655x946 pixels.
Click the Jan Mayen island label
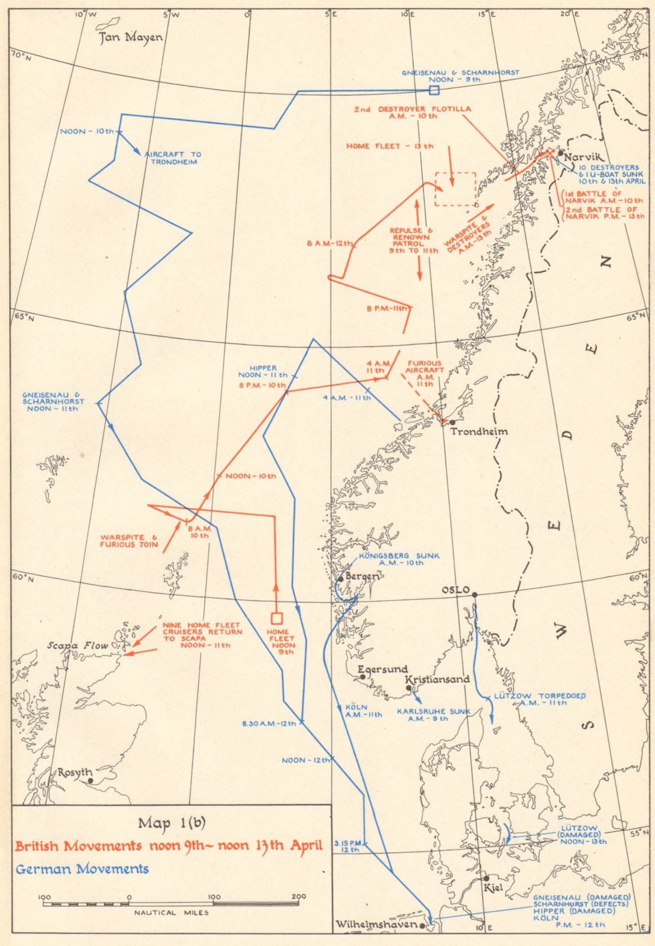[x=130, y=38]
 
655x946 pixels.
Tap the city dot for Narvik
[x=560, y=153]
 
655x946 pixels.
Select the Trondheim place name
[x=479, y=432]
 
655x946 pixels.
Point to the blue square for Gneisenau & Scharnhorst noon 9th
[x=434, y=90]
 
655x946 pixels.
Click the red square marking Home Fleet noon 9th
[x=276, y=618]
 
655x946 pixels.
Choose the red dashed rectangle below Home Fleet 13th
[x=455, y=189]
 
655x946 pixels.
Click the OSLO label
[x=456, y=591]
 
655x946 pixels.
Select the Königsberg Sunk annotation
[x=398, y=559]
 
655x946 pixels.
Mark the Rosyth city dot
[x=90, y=780]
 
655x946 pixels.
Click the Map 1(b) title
[x=172, y=823]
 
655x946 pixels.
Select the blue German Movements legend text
[x=82, y=869]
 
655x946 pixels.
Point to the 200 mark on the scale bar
[x=299, y=897]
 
